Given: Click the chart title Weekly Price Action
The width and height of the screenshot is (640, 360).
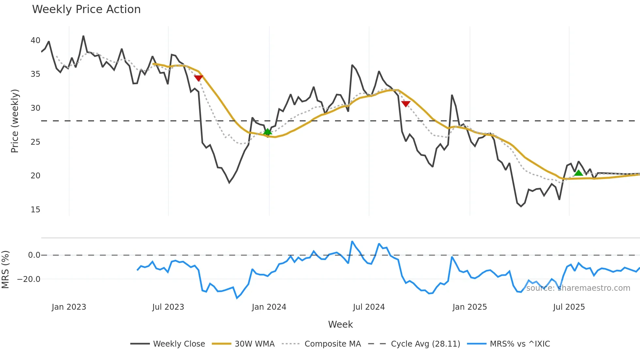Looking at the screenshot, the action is pos(86,9).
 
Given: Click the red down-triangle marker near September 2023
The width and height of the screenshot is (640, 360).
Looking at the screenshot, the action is pos(199,78).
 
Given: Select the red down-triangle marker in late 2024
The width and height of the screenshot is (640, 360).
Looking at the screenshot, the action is pos(406,104).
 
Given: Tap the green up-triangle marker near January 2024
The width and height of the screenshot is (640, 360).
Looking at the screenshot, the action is pos(267,132).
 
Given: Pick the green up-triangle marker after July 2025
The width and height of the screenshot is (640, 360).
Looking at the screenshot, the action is pos(578,173).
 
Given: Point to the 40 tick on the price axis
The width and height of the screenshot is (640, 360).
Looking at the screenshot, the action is pos(35,41).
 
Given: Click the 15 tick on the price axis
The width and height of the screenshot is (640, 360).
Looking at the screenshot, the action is pos(35,210).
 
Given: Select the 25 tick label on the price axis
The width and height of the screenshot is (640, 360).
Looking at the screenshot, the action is pos(35,142).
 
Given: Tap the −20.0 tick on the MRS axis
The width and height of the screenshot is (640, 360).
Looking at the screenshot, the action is pos(29,279).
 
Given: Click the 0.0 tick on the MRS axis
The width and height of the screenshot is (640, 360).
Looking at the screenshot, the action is pos(34,255).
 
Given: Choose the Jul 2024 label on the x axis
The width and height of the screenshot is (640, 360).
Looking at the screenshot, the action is pos(369,307).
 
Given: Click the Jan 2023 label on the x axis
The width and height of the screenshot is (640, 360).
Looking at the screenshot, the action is pos(69,307).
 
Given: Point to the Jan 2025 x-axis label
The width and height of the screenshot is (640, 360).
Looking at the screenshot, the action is pos(470,307).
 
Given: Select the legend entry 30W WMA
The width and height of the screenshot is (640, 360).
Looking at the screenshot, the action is pos(254,344).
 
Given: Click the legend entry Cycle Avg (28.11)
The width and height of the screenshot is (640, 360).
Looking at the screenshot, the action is pos(425,344).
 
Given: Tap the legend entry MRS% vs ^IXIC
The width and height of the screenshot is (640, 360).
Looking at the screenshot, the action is pos(520,344).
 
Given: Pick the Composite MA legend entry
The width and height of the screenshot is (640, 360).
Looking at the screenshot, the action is pos(332,344).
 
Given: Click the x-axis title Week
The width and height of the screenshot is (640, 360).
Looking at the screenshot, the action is pos(340,324).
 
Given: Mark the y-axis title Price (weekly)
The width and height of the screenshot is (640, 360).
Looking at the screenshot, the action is pos(15,121).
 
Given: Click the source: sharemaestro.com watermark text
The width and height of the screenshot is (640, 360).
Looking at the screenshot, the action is pos(578,288).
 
